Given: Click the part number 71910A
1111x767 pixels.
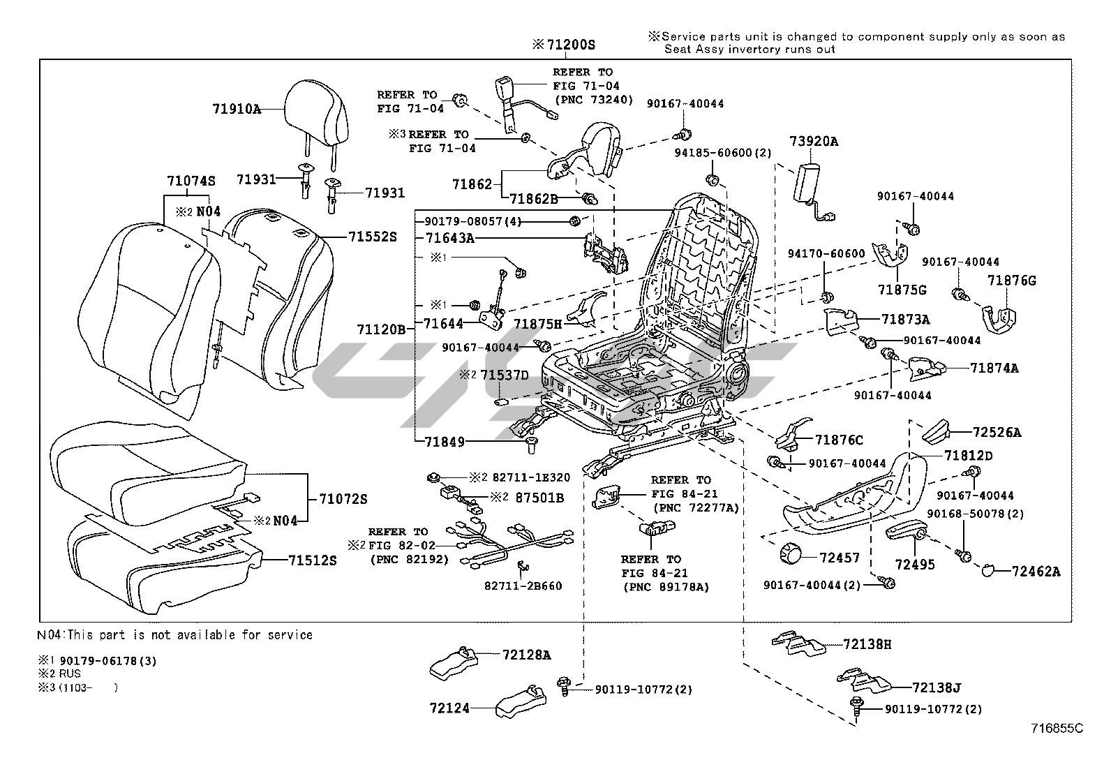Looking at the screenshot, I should pos(237,109).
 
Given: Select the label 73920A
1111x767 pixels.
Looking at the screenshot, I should pos(814,142).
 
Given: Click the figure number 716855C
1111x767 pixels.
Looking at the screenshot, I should pos(1057,729).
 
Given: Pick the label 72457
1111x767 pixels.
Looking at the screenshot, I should pos(840,558).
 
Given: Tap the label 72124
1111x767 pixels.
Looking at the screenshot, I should pos(449,708).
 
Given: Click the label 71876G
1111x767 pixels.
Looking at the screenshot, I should pos(1012,281).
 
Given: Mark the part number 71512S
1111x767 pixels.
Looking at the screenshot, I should pos(312,560).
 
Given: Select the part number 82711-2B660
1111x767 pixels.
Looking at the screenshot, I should pos(523,586).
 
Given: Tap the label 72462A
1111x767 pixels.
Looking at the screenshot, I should pos(1036,572).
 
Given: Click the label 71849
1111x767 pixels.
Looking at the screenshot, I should pos(445,442).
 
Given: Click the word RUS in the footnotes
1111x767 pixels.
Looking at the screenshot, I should pos(70,673).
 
